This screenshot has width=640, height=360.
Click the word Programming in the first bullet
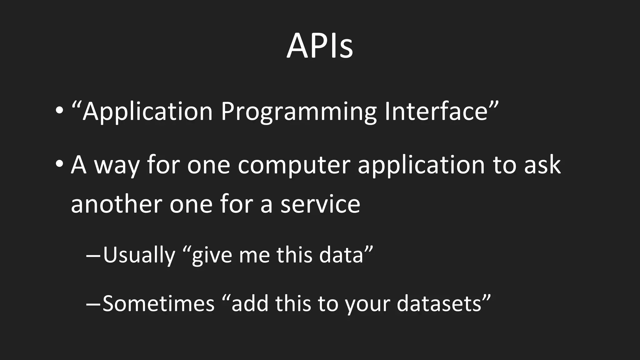[x=298, y=112]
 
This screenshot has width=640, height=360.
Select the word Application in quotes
[x=147, y=112]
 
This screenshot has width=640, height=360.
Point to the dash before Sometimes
[x=93, y=303]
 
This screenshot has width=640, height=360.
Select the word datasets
[x=439, y=303]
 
